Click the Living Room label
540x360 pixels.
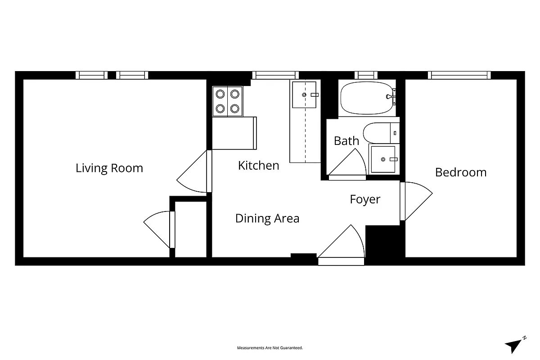pyautogui.click(x=109, y=168)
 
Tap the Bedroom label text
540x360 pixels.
pyautogui.click(x=460, y=172)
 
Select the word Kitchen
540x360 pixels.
pyautogui.click(x=258, y=166)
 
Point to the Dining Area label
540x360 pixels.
pyautogui.click(x=267, y=219)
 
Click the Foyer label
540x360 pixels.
pyautogui.click(x=365, y=199)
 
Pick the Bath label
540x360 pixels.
pyautogui.click(x=346, y=141)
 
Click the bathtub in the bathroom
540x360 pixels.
pyautogui.click(x=367, y=98)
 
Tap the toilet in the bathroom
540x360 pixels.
pyautogui.click(x=378, y=132)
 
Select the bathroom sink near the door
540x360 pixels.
pyautogui.click(x=383, y=159)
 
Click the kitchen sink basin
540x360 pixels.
pyautogui.click(x=304, y=95)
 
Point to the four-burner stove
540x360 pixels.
pyautogui.click(x=227, y=101)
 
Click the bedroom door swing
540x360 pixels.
pyautogui.click(x=416, y=200)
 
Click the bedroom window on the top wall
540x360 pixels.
pyautogui.click(x=459, y=75)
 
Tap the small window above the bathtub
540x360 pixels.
pyautogui.click(x=365, y=75)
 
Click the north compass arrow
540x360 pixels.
pyautogui.click(x=514, y=345)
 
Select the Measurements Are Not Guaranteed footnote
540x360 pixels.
pyautogui.click(x=270, y=348)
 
